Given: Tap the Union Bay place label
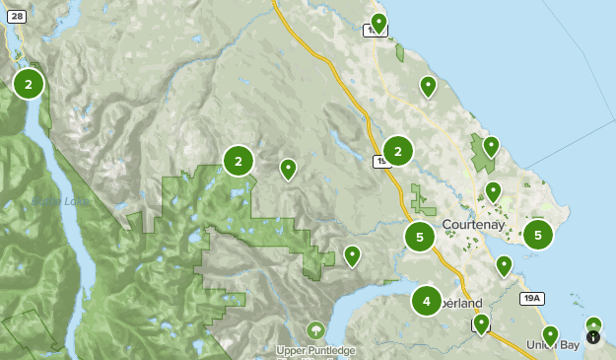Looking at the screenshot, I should (x=553, y=344).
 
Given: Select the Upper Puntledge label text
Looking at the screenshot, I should (x=315, y=351).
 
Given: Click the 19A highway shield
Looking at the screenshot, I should (x=532, y=298).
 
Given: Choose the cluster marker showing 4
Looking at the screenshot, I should (x=427, y=301).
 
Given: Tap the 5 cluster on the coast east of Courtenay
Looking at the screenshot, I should (x=538, y=235).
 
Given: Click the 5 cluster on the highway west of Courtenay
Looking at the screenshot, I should (x=420, y=237).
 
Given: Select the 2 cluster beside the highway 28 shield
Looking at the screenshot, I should (x=29, y=85).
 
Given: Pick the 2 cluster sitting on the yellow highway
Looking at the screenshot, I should (x=398, y=151).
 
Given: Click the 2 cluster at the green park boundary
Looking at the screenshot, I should (x=239, y=161).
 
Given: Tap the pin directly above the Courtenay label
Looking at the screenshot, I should (x=494, y=191).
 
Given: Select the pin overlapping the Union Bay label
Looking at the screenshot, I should (x=551, y=335).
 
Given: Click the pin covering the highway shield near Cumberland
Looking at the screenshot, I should (x=481, y=324).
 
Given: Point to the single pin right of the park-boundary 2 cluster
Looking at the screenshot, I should (x=288, y=169).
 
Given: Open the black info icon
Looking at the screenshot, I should (x=592, y=336).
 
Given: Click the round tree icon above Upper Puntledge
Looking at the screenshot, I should (x=315, y=329).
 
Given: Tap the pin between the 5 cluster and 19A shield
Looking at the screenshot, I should (x=504, y=265).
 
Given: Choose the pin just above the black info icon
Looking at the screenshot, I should (x=593, y=324).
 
